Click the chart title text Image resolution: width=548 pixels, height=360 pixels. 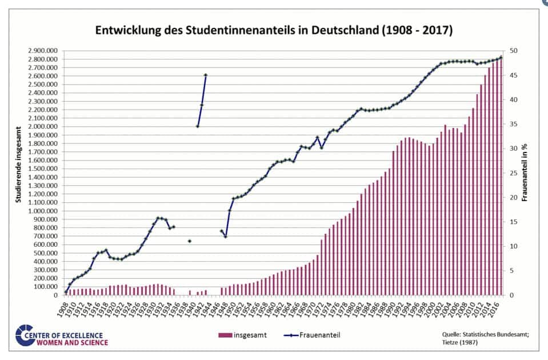coord(273,30)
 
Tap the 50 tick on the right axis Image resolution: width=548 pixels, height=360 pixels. coord(513,51)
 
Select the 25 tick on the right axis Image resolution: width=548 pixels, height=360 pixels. coord(513,173)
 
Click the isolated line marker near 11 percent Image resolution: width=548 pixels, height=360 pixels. coord(190,241)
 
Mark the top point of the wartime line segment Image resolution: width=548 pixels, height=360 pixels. coord(206,75)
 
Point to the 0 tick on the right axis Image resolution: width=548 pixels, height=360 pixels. coord(510,295)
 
